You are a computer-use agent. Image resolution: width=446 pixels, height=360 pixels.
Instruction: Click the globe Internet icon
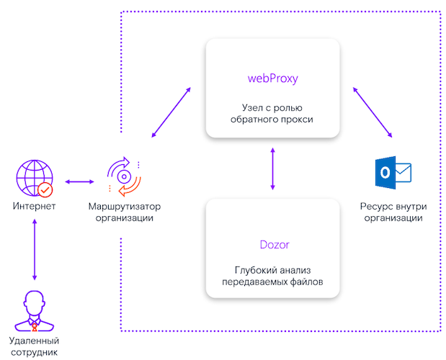[x=34, y=180]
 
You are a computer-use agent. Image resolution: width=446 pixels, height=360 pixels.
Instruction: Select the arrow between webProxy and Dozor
[x=272, y=169]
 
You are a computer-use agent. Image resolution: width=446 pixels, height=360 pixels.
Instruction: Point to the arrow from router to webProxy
[x=171, y=113]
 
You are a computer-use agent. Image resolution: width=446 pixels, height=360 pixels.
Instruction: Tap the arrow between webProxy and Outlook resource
[x=373, y=112]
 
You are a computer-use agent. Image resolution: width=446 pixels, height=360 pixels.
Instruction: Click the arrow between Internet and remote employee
[x=34, y=248]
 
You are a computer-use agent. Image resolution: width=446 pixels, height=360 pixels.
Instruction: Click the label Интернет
[x=34, y=207]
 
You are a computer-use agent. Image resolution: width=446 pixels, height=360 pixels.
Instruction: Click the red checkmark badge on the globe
[x=45, y=189]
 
